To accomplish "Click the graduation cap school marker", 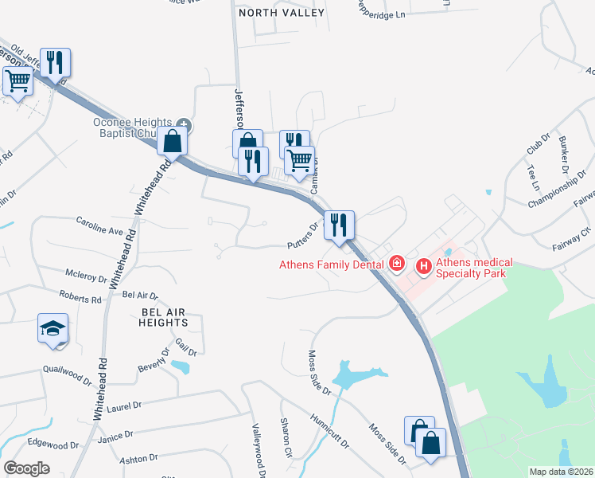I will pos(53,328).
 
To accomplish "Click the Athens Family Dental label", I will pos(332,264).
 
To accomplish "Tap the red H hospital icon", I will pos(424,264).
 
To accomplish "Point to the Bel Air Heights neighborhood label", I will pos(154,317).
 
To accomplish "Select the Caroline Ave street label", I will pos(100,225).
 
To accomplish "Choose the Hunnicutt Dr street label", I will pos(329,429).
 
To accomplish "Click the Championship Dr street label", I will pos(553,192).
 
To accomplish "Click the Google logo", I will pos(27,468).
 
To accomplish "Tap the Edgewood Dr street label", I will pos(53,445).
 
